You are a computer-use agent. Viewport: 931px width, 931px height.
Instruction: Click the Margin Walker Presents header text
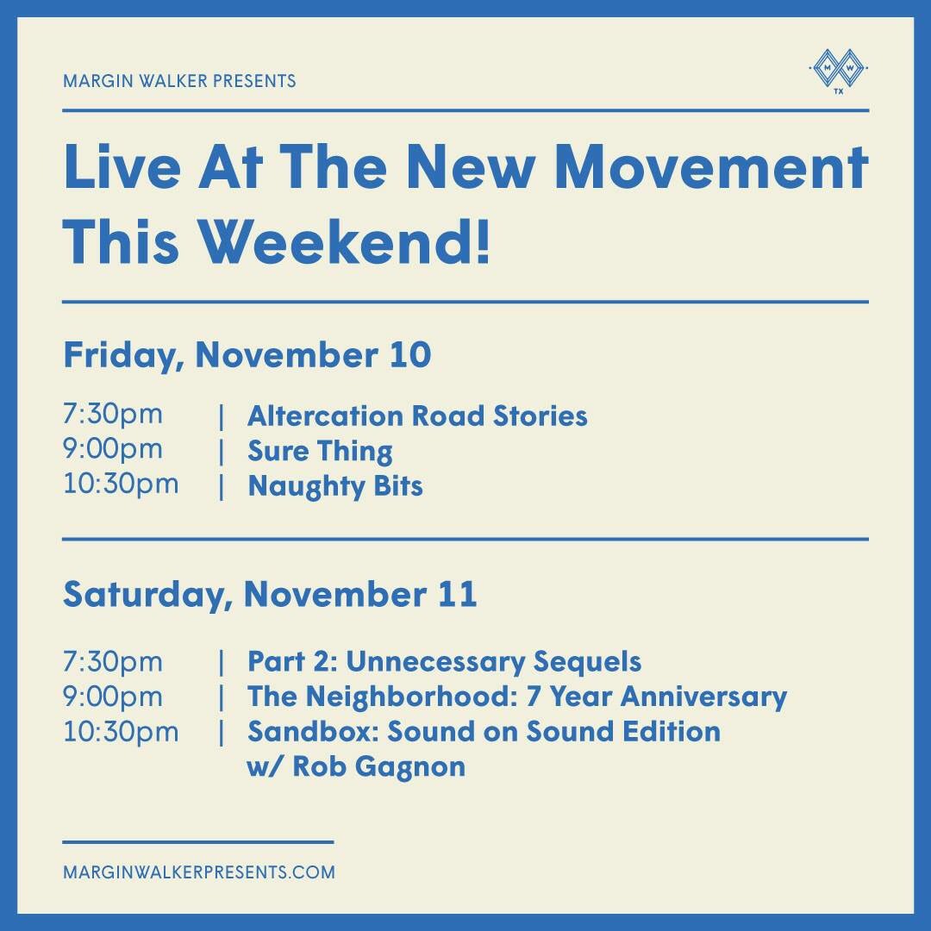click(179, 81)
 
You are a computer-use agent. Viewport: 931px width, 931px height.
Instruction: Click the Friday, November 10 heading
click(247, 355)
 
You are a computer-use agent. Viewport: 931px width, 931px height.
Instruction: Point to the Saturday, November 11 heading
click(269, 596)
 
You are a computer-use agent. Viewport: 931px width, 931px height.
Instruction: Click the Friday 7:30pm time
click(112, 415)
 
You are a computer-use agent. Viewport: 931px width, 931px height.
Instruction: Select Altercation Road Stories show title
click(417, 416)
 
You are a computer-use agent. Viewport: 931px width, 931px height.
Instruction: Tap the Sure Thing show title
click(320, 452)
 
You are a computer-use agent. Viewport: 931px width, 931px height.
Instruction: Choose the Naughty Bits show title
click(335, 486)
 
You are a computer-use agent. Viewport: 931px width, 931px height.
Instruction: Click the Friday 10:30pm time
click(121, 484)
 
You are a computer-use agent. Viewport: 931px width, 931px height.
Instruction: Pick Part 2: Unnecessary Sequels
click(444, 662)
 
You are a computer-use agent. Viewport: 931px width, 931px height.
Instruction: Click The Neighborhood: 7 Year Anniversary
click(517, 697)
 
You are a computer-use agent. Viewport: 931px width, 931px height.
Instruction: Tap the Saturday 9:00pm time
click(112, 697)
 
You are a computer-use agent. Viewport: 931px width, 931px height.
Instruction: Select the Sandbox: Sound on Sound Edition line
click(484, 732)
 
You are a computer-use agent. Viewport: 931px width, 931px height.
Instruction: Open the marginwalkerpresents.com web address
click(199, 872)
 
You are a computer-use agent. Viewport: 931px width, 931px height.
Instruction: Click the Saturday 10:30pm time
click(121, 732)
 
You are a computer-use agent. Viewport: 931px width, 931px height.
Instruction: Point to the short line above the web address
click(197, 841)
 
